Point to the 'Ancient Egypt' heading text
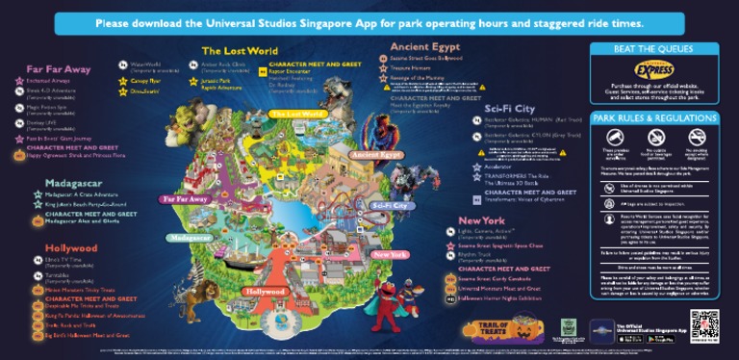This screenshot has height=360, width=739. [426, 46]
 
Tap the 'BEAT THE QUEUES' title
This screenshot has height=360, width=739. [654, 48]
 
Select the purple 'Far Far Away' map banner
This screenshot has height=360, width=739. [184, 198]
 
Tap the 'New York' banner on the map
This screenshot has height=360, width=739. [390, 254]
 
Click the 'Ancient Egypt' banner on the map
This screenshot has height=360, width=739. [376, 154]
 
